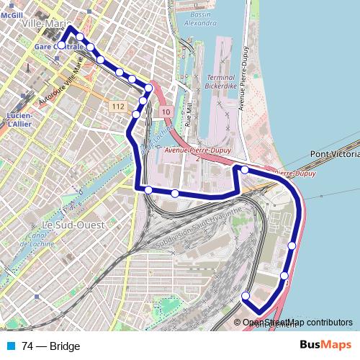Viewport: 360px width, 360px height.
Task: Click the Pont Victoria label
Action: [x=334, y=154]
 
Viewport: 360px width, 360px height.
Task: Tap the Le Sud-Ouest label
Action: [x=73, y=225]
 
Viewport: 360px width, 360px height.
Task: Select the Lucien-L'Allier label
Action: [x=19, y=120]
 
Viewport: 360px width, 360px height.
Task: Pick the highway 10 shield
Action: [x=166, y=112]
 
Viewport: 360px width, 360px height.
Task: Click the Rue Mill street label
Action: [x=189, y=115]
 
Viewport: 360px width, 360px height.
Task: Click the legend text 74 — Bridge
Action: [x=51, y=346]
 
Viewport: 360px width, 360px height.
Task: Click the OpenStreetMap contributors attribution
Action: [x=297, y=323]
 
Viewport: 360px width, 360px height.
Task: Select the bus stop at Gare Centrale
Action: [x=61, y=45]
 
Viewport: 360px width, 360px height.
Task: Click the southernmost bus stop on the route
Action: [x=246, y=296]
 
